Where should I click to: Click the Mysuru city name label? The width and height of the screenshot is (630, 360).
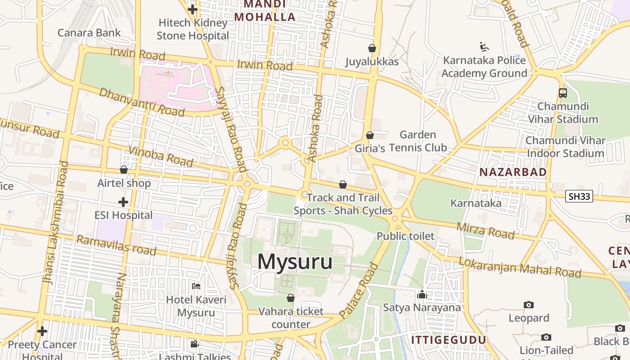tap(295, 262)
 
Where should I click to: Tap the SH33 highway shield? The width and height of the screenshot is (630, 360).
tap(579, 196)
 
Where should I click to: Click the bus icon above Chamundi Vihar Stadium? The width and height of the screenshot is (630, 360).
tap(562, 93)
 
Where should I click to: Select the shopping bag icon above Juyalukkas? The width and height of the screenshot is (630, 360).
tap(372, 48)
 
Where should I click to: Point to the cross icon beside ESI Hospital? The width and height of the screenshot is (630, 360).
tap(123, 202)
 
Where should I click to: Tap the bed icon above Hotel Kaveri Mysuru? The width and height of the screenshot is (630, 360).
tap(196, 286)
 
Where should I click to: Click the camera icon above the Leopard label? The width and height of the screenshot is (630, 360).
tap(529, 305)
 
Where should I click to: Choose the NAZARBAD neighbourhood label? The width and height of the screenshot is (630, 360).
tap(513, 172)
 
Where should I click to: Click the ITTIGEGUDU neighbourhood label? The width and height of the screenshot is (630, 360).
tap(449, 339)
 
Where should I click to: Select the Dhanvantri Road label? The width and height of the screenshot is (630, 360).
tap(141, 102)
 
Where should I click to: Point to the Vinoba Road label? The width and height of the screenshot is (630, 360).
tap(161, 156)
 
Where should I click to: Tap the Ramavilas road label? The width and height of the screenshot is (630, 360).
tap(116, 245)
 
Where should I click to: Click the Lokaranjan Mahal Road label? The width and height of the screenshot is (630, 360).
tap(520, 267)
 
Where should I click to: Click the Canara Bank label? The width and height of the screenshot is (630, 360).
tap(89, 32)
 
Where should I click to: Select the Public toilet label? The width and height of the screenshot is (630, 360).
tap(405, 236)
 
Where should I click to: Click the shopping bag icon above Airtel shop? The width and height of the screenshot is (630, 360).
tap(124, 170)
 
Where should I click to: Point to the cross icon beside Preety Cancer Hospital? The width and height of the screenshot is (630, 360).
tap(42, 332)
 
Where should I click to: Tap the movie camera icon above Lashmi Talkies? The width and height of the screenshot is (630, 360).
tap(194, 344)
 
